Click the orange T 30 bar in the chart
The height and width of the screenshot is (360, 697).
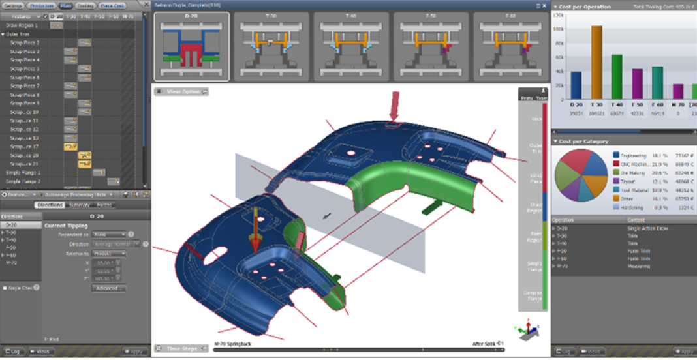coord(596,62)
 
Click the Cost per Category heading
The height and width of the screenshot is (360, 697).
coord(585,141)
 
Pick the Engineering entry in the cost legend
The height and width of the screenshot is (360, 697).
coord(633,156)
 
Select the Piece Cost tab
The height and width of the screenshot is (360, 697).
coord(112,5)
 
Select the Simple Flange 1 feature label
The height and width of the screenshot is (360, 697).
coord(23,173)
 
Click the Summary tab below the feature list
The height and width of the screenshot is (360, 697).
coord(80,205)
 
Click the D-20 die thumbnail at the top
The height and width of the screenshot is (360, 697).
coord(192,46)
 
